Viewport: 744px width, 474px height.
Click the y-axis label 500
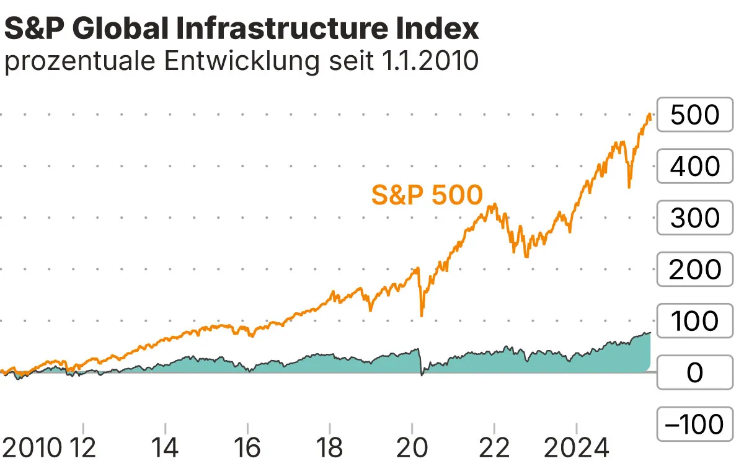694,115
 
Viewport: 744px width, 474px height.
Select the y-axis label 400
694,167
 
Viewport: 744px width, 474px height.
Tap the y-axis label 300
694,218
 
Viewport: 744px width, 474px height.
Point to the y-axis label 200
694,270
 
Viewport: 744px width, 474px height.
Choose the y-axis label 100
694,321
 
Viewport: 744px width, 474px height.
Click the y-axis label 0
694,373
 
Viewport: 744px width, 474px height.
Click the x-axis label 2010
32,448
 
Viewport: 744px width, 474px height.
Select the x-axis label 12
83,448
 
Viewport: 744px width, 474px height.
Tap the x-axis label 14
166,448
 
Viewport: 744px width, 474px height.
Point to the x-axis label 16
247,448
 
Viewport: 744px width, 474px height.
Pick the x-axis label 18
330,448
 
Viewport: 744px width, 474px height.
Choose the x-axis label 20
412,448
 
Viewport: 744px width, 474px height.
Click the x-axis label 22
494,448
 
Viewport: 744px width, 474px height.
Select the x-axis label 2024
577,448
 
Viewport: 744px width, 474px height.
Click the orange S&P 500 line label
427,195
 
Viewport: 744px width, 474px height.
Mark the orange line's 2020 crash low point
422,316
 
